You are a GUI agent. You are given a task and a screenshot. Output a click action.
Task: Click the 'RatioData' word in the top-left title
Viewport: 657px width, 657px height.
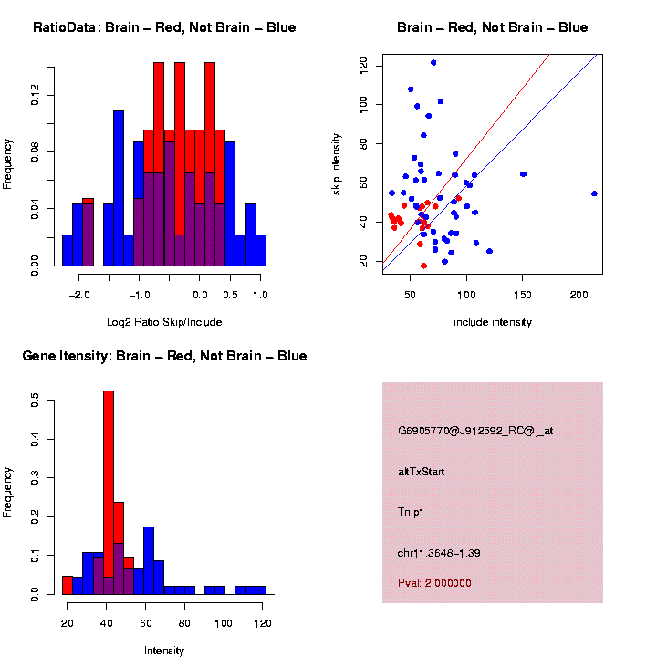(66, 27)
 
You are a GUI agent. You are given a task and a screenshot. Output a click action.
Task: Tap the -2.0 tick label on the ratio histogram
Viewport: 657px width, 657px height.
(80, 295)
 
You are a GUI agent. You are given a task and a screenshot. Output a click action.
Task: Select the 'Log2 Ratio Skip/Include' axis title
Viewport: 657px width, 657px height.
(164, 321)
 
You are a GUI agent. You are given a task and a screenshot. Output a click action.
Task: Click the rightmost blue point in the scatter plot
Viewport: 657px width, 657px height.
(594, 193)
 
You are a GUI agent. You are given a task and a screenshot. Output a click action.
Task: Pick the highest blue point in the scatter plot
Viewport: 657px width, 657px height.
(433, 63)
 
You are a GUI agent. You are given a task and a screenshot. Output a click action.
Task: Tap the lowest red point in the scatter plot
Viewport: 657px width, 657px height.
(423, 266)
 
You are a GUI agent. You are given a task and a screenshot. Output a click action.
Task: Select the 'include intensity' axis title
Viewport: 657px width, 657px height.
(492, 321)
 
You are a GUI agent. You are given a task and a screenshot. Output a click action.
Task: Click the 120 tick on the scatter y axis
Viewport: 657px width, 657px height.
(364, 64)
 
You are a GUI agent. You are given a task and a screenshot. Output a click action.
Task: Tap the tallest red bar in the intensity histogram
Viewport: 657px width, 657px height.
(108, 492)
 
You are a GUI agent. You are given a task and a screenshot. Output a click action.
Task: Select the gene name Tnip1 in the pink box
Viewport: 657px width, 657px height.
(412, 512)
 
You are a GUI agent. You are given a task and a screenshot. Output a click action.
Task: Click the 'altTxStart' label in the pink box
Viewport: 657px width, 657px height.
(422, 472)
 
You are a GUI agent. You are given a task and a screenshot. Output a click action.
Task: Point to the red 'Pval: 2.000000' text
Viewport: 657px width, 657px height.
(434, 582)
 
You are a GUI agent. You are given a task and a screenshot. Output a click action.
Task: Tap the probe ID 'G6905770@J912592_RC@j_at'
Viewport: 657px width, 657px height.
(475, 431)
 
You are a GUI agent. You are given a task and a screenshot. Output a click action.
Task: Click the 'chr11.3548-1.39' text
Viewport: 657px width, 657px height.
(439, 553)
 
